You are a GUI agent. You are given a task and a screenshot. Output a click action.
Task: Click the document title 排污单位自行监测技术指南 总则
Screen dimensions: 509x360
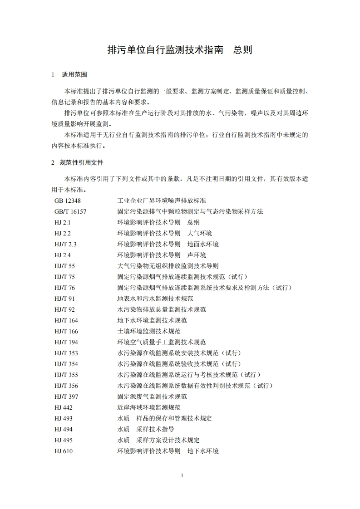click(x=179, y=50)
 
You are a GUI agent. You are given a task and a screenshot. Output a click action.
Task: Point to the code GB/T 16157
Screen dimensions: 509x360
click(x=70, y=211)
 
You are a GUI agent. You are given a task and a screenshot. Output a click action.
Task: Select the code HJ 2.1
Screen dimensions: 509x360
click(x=63, y=222)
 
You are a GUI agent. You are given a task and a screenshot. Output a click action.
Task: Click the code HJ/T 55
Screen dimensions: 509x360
click(x=64, y=266)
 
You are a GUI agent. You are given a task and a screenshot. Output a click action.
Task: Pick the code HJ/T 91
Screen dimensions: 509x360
click(x=64, y=299)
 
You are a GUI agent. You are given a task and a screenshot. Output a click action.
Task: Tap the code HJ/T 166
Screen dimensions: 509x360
click(x=66, y=331)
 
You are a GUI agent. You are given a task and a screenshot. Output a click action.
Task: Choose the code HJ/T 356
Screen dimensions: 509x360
click(x=66, y=386)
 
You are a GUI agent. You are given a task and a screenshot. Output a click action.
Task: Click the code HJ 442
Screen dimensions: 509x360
click(x=64, y=407)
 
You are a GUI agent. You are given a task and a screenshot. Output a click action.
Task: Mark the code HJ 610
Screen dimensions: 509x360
click(x=64, y=451)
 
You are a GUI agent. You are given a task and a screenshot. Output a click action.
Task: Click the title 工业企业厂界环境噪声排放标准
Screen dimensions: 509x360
click(x=164, y=201)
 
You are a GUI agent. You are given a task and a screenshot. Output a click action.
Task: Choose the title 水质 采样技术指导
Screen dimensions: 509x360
click(x=145, y=429)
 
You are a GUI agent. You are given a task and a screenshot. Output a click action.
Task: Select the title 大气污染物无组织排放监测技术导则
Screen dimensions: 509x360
click(x=168, y=266)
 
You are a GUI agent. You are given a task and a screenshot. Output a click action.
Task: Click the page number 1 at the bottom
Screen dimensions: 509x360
click(x=182, y=475)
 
